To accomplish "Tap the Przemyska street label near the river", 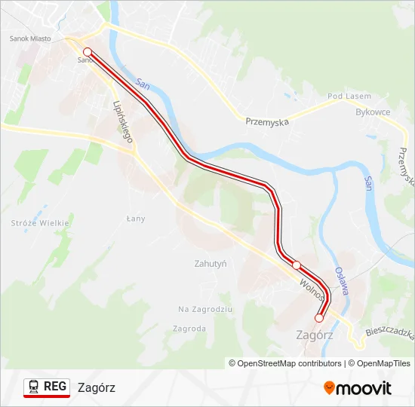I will click(267, 121).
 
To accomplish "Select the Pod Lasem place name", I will click(349, 96).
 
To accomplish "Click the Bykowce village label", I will click(373, 112).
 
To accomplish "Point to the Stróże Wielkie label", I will click(40, 223).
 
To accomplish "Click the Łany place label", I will click(135, 219).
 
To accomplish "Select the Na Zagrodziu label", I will click(205, 309).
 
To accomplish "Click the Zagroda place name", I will click(189, 329).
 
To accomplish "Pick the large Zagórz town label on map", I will click(315, 335).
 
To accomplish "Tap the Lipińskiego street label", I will click(122, 122).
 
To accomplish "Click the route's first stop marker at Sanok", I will click(88, 52).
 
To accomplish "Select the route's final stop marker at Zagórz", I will click(319, 318).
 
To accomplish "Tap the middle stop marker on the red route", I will click(297, 265).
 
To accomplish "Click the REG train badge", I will click(47, 387).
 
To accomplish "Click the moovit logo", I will click(358, 388).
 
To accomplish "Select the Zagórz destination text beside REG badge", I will click(97, 387).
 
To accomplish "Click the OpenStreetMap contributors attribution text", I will click(285, 363).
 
